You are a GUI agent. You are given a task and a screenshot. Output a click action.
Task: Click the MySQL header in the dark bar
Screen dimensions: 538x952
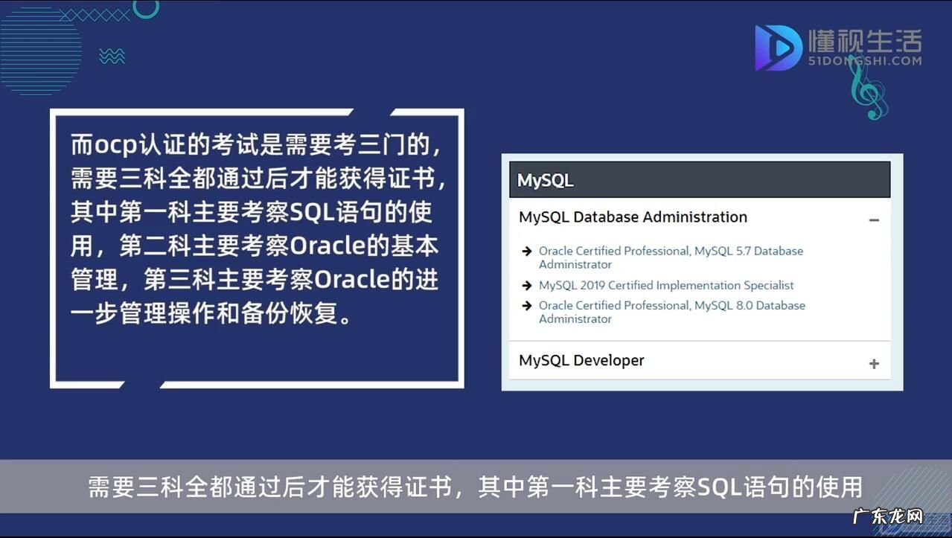pyautogui.click(x=545, y=180)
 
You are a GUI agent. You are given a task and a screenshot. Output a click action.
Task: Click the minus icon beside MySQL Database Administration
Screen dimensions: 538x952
pyautogui.click(x=874, y=220)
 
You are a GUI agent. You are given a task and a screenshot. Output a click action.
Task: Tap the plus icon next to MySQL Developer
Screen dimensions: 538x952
pyautogui.click(x=874, y=364)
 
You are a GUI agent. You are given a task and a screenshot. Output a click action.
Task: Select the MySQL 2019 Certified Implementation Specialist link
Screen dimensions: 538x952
pyautogui.click(x=666, y=286)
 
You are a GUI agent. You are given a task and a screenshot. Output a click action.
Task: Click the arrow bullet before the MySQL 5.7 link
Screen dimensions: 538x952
pyautogui.click(x=527, y=252)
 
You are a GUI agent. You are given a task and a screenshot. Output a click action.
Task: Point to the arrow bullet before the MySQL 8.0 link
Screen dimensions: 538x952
pyautogui.click(x=527, y=306)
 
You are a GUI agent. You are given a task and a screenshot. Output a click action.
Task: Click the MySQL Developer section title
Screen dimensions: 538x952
pyautogui.click(x=581, y=361)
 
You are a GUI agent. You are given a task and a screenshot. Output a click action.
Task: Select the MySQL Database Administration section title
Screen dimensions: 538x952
pyautogui.click(x=633, y=217)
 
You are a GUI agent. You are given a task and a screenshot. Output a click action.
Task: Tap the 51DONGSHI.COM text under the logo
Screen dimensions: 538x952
pyautogui.click(x=864, y=61)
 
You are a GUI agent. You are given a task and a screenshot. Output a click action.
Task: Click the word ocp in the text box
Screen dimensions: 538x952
pyautogui.click(x=116, y=145)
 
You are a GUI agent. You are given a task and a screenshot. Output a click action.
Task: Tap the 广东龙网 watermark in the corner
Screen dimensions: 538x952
pyautogui.click(x=887, y=516)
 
